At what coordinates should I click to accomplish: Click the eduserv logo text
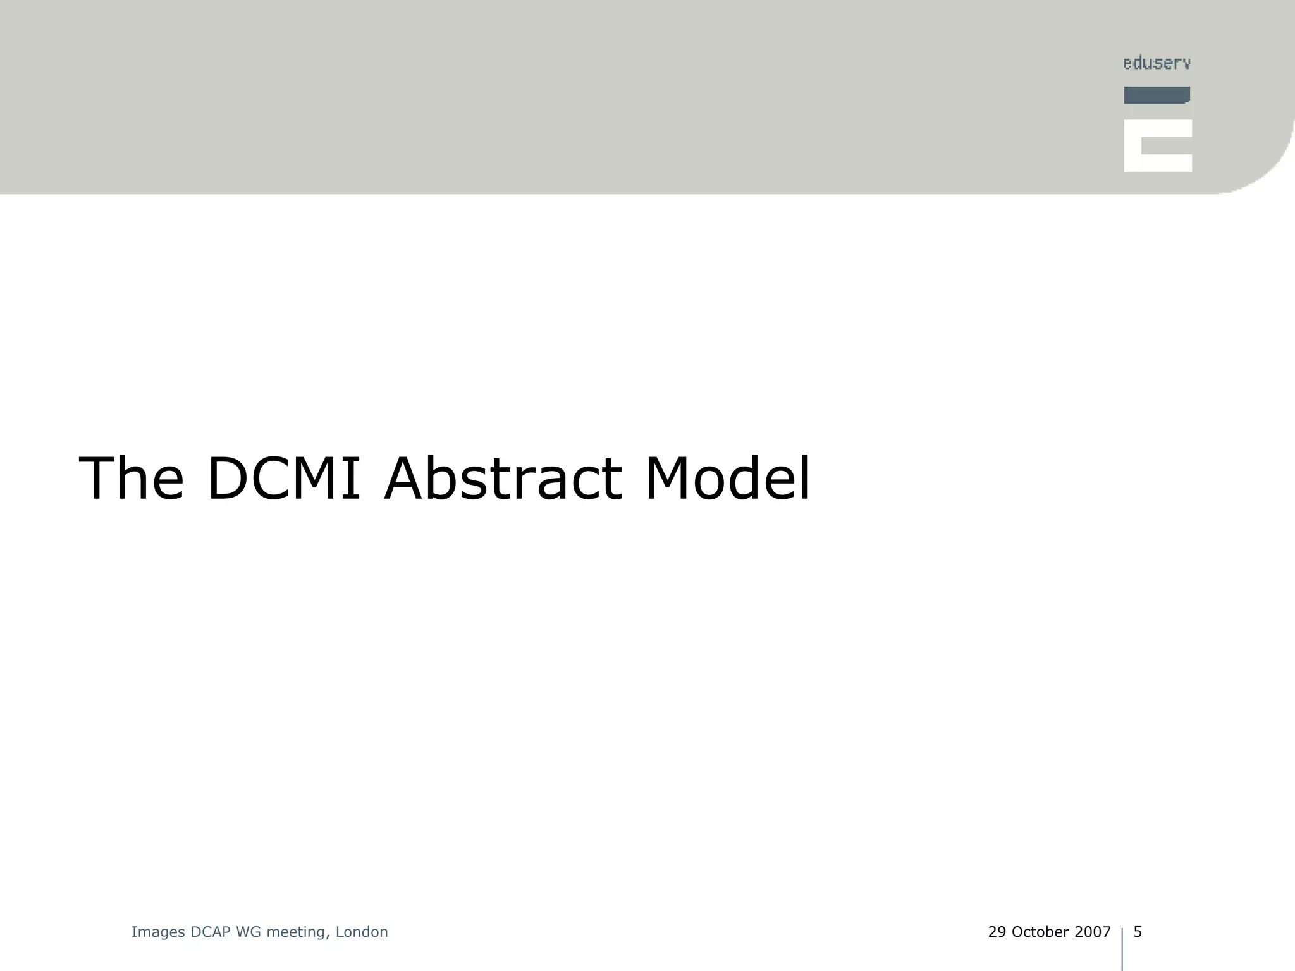1157,63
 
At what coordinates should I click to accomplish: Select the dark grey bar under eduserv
1157,95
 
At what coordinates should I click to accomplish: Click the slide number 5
1138,932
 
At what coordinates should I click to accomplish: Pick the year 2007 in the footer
1093,932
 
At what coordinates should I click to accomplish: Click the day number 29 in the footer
997,932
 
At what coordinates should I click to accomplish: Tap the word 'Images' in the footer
158,932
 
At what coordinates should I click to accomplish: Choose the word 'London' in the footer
362,932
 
